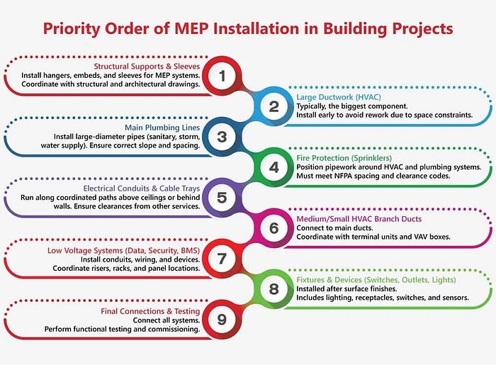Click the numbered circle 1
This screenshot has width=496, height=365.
tap(222, 74)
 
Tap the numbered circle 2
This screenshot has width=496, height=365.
tap(274, 106)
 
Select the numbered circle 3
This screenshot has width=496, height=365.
tap(222, 137)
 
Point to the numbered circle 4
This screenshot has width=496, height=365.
tap(274, 167)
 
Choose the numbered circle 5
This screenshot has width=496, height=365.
tap(222, 197)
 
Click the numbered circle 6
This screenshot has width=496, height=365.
tap(274, 228)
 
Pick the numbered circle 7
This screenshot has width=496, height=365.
tap(222, 259)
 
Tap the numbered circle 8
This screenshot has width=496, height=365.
tap(274, 289)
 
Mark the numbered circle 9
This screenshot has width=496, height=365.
tap(222, 320)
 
